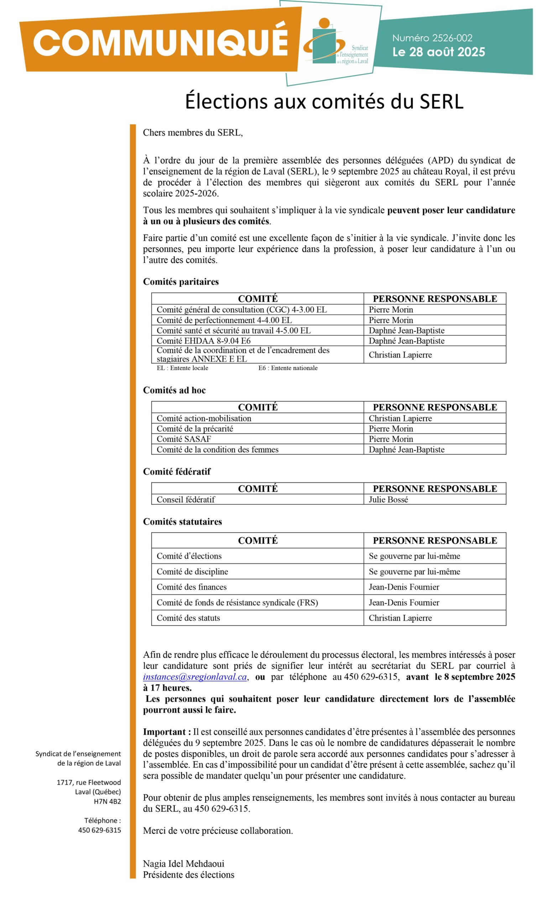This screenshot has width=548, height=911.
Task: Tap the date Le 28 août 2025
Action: (438, 52)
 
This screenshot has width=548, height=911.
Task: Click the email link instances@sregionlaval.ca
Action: (195, 677)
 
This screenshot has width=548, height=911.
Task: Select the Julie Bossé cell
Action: (388, 499)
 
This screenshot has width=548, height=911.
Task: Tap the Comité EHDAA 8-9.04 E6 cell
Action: (203, 341)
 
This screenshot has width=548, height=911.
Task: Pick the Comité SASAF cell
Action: (184, 439)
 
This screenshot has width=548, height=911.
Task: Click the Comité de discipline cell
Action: (192, 571)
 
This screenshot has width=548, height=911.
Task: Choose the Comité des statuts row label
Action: (188, 618)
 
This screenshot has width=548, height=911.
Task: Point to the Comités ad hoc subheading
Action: (174, 390)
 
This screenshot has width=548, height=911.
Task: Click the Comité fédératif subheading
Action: (177, 471)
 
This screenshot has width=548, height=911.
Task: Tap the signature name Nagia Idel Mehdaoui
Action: (183, 863)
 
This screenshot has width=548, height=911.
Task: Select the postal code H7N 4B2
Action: (107, 801)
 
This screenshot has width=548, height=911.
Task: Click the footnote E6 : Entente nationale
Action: (288, 368)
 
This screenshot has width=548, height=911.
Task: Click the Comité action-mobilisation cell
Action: (204, 418)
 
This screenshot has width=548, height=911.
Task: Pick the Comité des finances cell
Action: (191, 587)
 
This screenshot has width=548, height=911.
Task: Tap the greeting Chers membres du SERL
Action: (193, 132)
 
